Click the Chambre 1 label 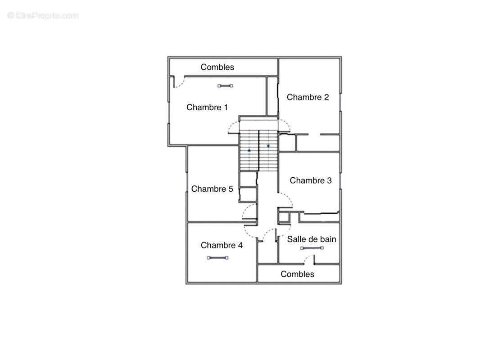207,108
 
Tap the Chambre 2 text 308,97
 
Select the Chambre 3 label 311,180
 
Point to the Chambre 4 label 222,245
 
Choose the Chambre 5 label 212,189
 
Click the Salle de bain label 312,239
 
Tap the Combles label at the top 217,67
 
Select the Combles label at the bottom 297,274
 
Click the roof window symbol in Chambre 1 225,86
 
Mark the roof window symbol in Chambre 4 217,257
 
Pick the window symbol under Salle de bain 312,248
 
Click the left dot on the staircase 249,150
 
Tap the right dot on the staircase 268,146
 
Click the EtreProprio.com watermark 43,15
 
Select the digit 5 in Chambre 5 231,189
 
